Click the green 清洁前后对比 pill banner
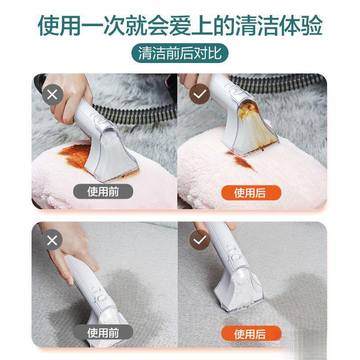[x=180, y=54]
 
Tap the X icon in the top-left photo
[x=52, y=95]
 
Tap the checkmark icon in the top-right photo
[x=198, y=95]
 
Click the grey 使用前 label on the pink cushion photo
[x=104, y=192]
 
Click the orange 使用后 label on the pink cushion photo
[x=250, y=193]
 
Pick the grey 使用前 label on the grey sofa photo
[x=104, y=333]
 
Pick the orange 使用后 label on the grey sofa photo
[x=250, y=334]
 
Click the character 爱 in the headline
[x=180, y=26]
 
